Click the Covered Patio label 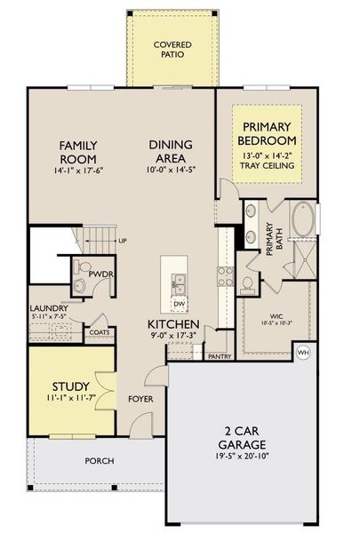pos(172,50)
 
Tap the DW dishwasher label pos(180,304)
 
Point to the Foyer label pos(140,399)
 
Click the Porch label pos(99,461)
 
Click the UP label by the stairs pos(122,241)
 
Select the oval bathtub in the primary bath pos(303,220)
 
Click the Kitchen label pos(173,324)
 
